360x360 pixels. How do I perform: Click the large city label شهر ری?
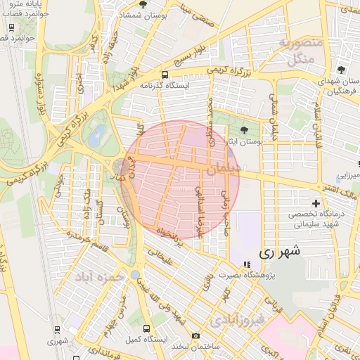click(279, 251)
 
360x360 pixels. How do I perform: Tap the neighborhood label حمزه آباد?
click(105, 277)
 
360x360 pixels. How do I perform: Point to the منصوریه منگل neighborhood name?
click(301, 51)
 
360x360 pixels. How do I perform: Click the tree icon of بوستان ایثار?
click(244, 130)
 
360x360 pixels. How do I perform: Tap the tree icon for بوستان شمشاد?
click(143, 4)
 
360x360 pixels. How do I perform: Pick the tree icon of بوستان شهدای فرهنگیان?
click(341, 70)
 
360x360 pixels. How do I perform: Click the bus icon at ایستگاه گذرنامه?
click(165, 75)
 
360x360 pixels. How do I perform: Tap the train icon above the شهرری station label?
click(57, 329)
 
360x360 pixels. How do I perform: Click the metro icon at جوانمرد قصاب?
click(11, 27)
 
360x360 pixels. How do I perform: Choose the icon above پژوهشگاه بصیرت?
click(245, 264)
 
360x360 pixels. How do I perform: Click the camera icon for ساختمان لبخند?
click(196, 335)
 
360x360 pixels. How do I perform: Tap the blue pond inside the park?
click(95, 135)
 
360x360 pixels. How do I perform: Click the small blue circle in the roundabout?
click(134, 275)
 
